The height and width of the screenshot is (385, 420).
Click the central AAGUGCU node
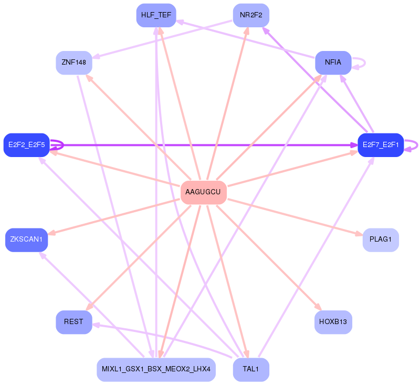coord(203,192)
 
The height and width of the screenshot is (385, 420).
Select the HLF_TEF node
coord(156,15)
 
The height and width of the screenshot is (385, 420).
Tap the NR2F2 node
coord(251,15)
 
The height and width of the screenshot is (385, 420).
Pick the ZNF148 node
coord(73,63)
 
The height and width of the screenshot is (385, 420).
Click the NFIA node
coord(333,63)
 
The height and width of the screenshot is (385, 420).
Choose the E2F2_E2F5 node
coord(26,144)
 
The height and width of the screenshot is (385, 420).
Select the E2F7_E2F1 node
coord(380,144)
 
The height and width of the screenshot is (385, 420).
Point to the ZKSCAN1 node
coord(26,240)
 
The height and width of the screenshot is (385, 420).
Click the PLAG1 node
coord(380,240)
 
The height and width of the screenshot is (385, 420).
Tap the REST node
coord(73,321)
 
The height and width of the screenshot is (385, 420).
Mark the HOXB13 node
coord(333,321)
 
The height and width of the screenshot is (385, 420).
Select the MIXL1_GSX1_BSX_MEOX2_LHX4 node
coord(156,369)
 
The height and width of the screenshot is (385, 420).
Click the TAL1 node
coord(251,369)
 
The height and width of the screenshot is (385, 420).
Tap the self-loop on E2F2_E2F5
coord(62,144)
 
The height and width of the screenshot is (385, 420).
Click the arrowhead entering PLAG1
coord(359,234)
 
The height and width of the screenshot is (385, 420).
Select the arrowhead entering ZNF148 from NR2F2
coord(96,57)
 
